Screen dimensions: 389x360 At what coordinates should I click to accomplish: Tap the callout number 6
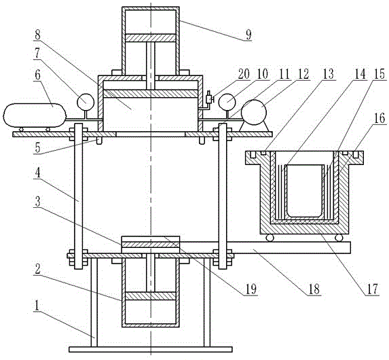(x=38, y=75)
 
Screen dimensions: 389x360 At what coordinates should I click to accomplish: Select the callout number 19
(x=251, y=289)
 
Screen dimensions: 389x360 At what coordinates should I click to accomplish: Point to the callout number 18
(x=314, y=289)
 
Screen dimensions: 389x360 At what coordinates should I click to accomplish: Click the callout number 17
(x=371, y=289)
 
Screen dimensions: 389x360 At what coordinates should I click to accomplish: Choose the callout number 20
(x=244, y=74)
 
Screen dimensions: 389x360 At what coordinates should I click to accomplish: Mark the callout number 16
(x=379, y=118)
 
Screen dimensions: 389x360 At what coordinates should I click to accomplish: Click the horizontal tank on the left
(x=35, y=115)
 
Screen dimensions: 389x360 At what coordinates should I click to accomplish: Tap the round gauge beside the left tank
(x=86, y=102)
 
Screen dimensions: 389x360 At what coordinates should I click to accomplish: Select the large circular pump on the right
(x=254, y=113)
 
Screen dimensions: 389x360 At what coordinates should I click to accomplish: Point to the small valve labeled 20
(x=210, y=98)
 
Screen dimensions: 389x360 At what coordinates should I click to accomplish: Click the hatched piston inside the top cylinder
(x=151, y=38)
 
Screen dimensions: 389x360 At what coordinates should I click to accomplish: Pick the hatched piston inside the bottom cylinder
(x=151, y=296)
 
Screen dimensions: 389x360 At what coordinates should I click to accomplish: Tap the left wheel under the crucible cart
(x=270, y=238)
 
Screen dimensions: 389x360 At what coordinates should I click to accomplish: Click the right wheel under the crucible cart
(x=339, y=238)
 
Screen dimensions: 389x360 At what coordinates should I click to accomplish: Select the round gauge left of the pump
(x=227, y=102)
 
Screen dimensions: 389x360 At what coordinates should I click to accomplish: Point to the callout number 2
(x=37, y=270)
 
